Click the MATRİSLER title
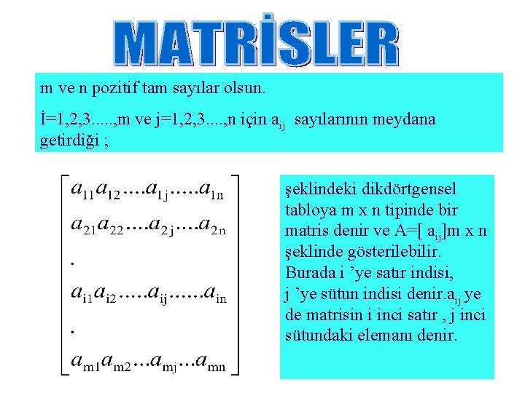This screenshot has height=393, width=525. point(256,43)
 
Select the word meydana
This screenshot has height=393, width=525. point(404,119)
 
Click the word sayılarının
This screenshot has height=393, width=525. point(330,119)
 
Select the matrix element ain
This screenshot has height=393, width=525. point(215,295)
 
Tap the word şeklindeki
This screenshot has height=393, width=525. point(317,189)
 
